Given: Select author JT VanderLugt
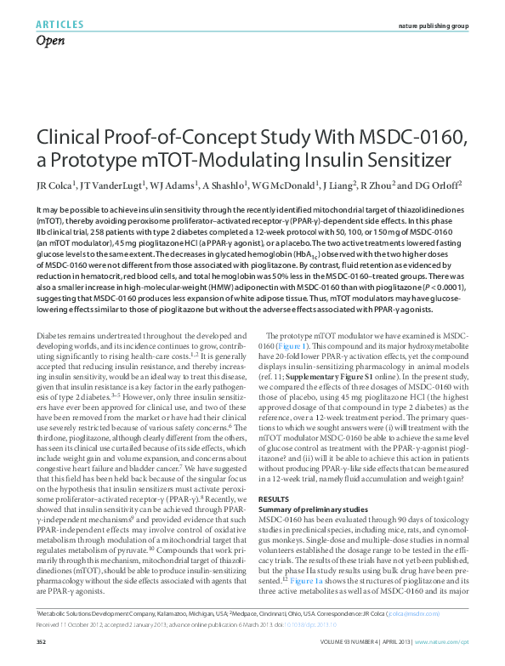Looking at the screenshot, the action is pos(111,185).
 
